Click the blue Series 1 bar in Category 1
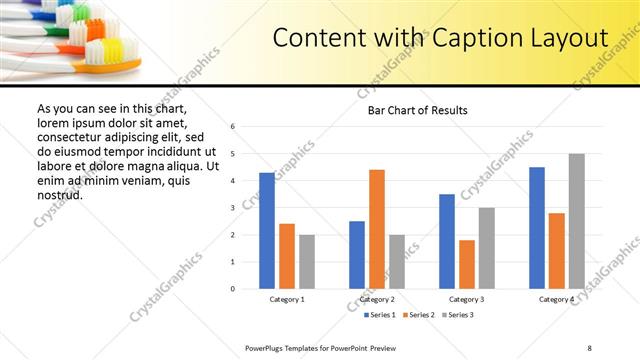click(267, 231)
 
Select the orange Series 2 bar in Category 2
click(377, 229)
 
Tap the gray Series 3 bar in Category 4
click(576, 221)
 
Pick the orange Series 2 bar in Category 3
click(467, 264)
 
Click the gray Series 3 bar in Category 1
click(306, 262)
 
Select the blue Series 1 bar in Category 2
click(357, 255)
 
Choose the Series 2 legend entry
click(417, 315)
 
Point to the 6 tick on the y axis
click(232, 127)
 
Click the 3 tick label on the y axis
click(232, 208)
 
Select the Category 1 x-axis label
click(287, 299)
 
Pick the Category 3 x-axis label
click(467, 299)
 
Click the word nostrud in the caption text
click(59, 194)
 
